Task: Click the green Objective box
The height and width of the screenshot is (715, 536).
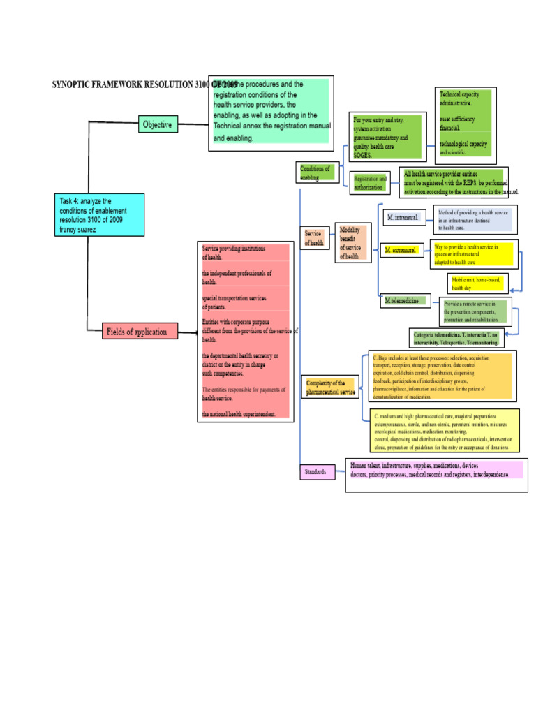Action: [x=157, y=125]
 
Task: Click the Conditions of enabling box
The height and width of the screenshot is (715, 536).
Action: [x=315, y=172]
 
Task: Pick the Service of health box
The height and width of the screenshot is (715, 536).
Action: [x=313, y=238]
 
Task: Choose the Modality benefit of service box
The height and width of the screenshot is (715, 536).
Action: [x=352, y=243]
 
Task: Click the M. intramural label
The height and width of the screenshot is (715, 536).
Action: [x=403, y=218]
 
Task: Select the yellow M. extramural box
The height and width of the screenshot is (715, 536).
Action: [x=401, y=249]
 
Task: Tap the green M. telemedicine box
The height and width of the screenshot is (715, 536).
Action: [x=402, y=300]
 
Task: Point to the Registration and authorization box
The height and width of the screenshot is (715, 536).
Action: [x=369, y=183]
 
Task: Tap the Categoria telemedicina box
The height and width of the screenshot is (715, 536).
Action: [x=456, y=339]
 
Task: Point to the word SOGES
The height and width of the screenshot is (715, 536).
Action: [x=362, y=154]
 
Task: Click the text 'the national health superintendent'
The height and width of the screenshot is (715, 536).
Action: [x=239, y=414]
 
